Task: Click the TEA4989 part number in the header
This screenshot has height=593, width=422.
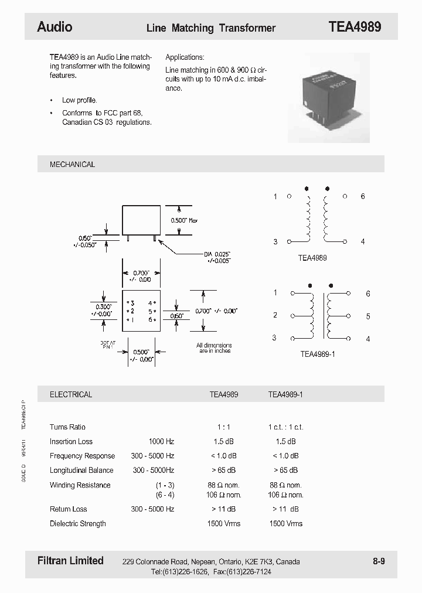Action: click(355, 27)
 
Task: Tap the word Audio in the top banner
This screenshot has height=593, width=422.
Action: click(55, 27)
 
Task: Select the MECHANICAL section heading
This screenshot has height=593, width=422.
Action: click(72, 165)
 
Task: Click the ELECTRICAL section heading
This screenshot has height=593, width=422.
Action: click(71, 395)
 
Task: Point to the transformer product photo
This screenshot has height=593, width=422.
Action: click(328, 98)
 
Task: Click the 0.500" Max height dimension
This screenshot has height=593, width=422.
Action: click(184, 220)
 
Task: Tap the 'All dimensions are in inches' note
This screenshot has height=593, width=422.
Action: click(214, 348)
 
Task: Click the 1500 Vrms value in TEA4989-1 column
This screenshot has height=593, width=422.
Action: click(285, 523)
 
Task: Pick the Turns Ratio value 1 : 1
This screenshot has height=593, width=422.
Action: click(224, 427)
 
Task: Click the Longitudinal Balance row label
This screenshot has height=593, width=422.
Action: click(81, 471)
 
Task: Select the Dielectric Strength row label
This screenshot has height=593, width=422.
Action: click(78, 523)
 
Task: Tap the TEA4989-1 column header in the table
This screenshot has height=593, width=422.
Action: click(285, 395)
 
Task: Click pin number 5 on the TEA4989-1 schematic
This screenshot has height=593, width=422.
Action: click(368, 316)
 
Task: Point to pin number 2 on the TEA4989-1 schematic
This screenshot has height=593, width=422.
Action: click(275, 315)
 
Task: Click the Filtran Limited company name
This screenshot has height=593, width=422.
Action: click(70, 561)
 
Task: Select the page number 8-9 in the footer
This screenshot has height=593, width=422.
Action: click(379, 561)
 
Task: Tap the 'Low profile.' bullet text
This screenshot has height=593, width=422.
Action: click(80, 100)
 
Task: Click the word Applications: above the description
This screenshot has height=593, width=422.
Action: click(185, 57)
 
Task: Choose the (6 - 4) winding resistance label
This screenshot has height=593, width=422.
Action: click(165, 495)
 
